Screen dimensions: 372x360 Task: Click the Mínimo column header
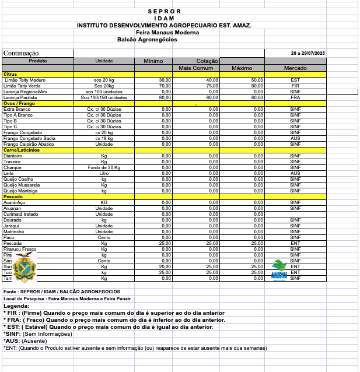click(x=153, y=61)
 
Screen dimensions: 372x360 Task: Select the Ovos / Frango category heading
click(x=18, y=103)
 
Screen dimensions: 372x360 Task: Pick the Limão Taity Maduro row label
click(x=24, y=80)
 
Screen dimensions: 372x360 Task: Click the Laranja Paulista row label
click(x=20, y=97)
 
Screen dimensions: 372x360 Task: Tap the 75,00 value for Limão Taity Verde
click(x=212, y=86)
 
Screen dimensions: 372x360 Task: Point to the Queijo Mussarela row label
click(x=21, y=185)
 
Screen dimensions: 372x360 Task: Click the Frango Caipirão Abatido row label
click(x=29, y=144)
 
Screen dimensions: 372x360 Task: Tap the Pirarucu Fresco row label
click(x=19, y=249)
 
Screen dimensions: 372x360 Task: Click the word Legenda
click(x=16, y=306)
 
